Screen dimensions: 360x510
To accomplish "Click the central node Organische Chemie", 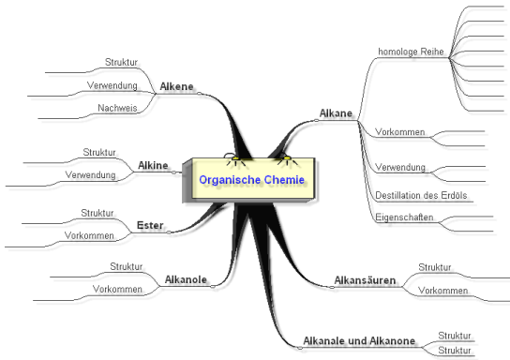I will pyautogui.click(x=251, y=178).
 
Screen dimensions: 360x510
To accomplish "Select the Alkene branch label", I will pyautogui.click(x=176, y=86).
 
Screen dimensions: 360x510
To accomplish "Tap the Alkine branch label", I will pyautogui.click(x=153, y=165).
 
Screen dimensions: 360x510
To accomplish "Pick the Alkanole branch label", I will pyautogui.click(x=186, y=278).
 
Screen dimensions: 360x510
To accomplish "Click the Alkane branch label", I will pyautogui.click(x=336, y=113).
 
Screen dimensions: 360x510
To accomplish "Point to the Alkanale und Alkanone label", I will pyautogui.click(x=359, y=340).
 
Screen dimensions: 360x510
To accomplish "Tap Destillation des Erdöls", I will pyautogui.click(x=421, y=196).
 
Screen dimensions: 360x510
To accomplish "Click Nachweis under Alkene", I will pyautogui.click(x=118, y=109).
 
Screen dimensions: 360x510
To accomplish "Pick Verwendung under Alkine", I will pyautogui.click(x=90, y=175).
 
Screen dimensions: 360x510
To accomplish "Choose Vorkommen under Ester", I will pyautogui.click(x=89, y=234).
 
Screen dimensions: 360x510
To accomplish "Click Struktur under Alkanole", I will pyautogui.click(x=127, y=266).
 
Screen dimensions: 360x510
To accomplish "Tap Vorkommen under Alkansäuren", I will pyautogui.click(x=443, y=291).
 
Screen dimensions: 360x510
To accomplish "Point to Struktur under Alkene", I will pyautogui.click(x=123, y=63).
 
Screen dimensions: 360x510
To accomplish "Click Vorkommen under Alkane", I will pyautogui.click(x=399, y=133).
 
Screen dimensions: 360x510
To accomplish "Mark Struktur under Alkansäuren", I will pyautogui.click(x=435, y=266).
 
